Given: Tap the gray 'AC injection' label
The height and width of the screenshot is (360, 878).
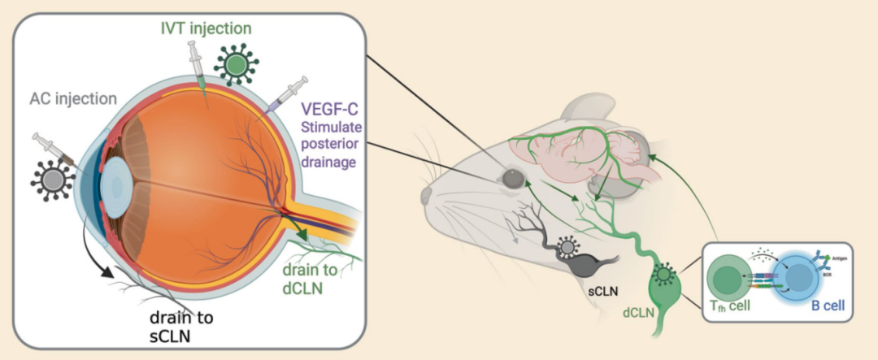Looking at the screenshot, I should [72, 98].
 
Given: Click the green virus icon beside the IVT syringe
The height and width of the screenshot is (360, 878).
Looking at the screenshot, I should [237, 63].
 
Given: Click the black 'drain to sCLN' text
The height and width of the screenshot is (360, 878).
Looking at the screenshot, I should [188, 321].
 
